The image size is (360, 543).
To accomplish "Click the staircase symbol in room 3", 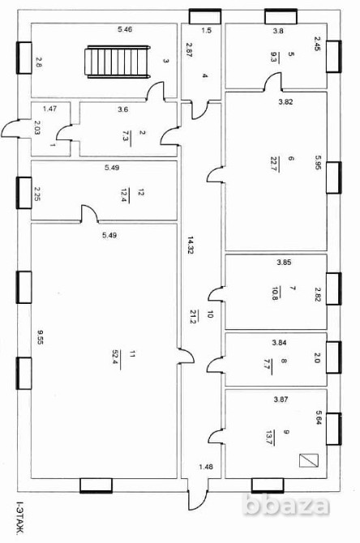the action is (x=118, y=62).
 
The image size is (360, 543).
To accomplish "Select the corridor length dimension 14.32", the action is (x=191, y=245).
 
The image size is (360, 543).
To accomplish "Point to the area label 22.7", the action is (x=274, y=165).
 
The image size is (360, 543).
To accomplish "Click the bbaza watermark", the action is (x=286, y=505).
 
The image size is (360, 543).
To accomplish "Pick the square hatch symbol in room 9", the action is (x=309, y=460).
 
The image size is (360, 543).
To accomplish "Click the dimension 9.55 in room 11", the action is (x=41, y=338).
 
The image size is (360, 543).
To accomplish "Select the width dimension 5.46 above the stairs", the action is (x=125, y=29).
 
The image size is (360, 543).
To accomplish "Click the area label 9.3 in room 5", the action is (x=275, y=57).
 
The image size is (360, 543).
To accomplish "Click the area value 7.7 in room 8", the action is (x=267, y=365).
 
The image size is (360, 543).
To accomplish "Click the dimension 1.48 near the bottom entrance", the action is (x=206, y=467).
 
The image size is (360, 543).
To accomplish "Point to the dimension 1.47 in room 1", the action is (x=49, y=109).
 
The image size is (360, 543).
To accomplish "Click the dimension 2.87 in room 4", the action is (x=189, y=49).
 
